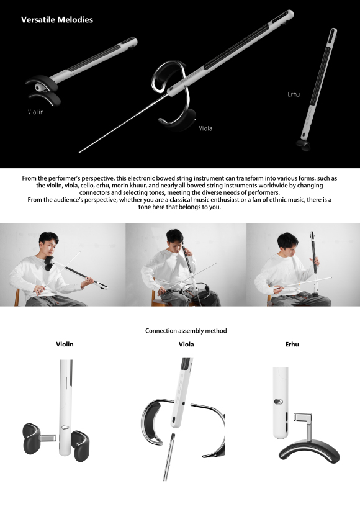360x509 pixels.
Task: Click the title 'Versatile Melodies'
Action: [57, 20]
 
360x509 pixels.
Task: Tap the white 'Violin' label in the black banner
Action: [36, 112]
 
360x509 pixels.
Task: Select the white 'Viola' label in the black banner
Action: [205, 128]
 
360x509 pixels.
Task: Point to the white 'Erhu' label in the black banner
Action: [294, 94]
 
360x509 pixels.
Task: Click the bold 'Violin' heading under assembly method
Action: [65, 344]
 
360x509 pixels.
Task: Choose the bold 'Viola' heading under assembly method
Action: [186, 344]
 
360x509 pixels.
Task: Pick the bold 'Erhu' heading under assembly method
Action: [292, 344]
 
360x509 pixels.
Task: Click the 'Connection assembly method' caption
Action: [186, 331]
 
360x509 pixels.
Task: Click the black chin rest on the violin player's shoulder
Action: [49, 263]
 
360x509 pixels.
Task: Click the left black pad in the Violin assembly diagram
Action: [32, 439]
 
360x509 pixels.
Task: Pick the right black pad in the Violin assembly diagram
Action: [80, 446]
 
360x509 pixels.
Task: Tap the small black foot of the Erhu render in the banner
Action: [304, 145]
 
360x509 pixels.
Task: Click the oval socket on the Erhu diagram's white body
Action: [279, 402]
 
